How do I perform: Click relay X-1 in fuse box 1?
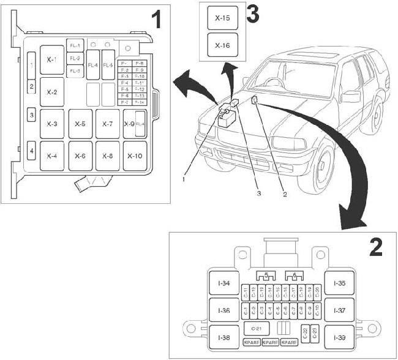tap(52, 60)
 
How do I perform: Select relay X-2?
tap(52, 92)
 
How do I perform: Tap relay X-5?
tap(80, 124)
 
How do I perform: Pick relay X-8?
tap(107, 156)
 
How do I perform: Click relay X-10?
tap(135, 156)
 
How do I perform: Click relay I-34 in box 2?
tap(223, 283)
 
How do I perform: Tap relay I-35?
tap(339, 283)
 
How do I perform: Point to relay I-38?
tap(223, 336)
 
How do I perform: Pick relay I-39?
tap(339, 336)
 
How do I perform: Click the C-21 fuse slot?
tap(257, 329)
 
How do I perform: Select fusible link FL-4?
tap(93, 66)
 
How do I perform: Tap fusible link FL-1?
tap(75, 46)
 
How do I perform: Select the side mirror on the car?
tap(351, 96)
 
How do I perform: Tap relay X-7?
tap(107, 124)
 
